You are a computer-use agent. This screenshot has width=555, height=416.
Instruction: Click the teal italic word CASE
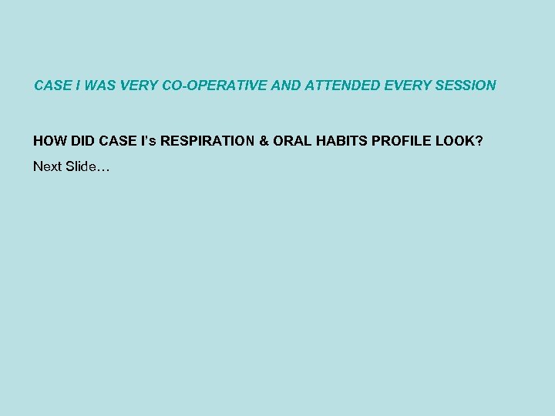point(52,86)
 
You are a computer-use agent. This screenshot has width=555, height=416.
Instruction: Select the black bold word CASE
point(119,143)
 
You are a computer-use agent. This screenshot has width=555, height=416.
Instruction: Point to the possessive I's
point(150,143)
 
